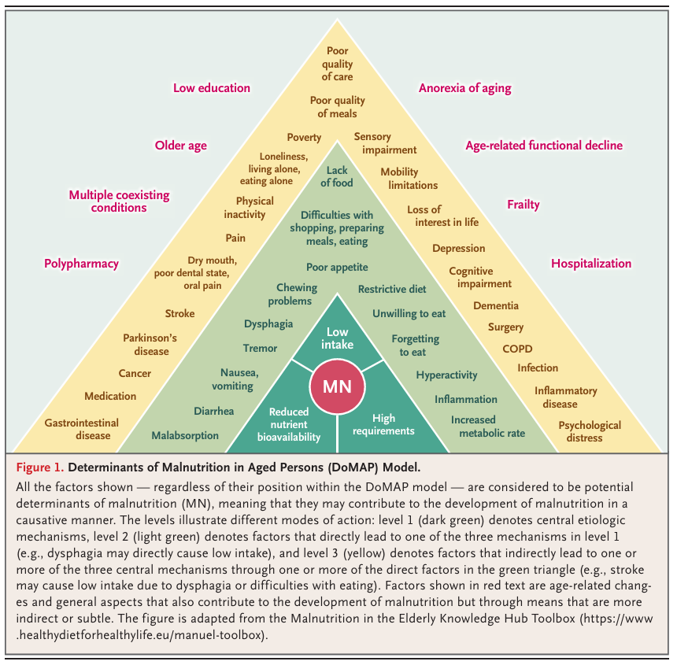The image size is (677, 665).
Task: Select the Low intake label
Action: (x=338, y=338)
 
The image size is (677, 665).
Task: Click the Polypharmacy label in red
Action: (x=81, y=264)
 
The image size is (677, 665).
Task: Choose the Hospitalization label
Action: (x=590, y=264)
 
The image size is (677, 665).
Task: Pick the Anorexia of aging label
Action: (x=464, y=88)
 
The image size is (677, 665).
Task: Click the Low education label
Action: (x=212, y=88)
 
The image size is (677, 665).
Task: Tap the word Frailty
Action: (x=523, y=205)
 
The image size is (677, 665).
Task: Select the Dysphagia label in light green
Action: (x=268, y=323)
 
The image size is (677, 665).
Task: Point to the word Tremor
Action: (x=260, y=348)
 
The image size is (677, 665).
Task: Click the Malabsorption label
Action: (x=186, y=434)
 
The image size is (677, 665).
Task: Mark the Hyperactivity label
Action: (x=447, y=375)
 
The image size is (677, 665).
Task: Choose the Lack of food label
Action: (x=338, y=176)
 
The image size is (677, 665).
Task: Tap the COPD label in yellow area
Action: (x=517, y=349)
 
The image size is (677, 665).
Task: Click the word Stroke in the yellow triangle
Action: (x=179, y=313)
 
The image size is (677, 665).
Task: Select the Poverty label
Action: (x=304, y=138)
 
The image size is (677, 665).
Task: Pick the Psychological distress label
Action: (x=590, y=431)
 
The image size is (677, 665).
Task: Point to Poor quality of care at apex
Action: (x=337, y=65)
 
